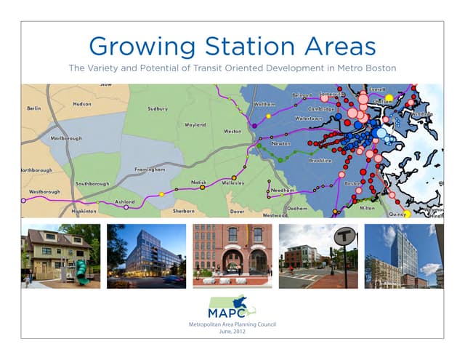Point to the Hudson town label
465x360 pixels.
pos(82,104)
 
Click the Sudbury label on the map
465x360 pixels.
pos(157,109)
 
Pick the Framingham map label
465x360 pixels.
pos(150,169)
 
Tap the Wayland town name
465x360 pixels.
pos(195,125)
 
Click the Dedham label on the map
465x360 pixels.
pos(297,208)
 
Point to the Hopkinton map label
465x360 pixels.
pos(84,211)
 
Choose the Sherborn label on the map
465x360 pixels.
pos(184,211)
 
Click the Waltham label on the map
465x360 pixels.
pos(264,104)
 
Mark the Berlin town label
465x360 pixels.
pos(33,108)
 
